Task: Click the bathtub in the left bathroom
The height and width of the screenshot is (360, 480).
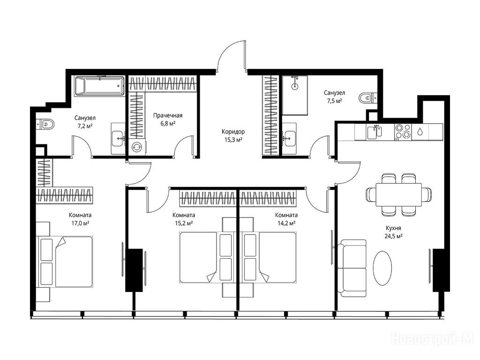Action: click(100, 86)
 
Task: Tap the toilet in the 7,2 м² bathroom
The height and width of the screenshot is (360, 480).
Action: click(45, 124)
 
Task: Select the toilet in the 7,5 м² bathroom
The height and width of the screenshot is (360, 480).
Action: click(368, 98)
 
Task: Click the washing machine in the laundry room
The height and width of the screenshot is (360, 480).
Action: click(136, 147)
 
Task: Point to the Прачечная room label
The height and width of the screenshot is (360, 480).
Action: click(168, 115)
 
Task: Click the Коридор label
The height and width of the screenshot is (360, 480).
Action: click(233, 132)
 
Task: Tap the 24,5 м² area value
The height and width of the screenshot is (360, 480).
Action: click(393, 236)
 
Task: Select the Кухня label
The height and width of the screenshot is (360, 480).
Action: click(393, 228)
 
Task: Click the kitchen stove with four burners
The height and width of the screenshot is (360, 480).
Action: click(403, 132)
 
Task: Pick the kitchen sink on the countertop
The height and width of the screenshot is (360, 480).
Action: click(375, 132)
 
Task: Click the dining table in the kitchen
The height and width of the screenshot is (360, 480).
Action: click(398, 195)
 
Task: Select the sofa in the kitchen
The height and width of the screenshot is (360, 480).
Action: click(352, 268)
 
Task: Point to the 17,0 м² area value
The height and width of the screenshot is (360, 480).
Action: click(80, 223)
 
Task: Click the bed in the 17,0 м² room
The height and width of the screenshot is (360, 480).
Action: click(65, 262)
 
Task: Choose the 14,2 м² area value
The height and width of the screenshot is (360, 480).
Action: click(286, 223)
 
